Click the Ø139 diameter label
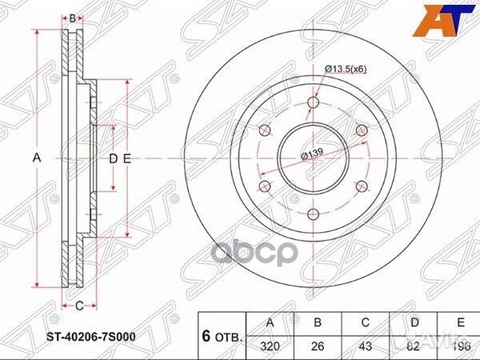(x=312, y=155)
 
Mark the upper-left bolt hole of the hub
(x=264, y=130)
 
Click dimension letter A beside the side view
(x=36, y=158)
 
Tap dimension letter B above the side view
(x=72, y=18)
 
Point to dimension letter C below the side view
(x=79, y=306)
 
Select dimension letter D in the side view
(x=113, y=158)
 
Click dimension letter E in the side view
(x=126, y=158)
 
